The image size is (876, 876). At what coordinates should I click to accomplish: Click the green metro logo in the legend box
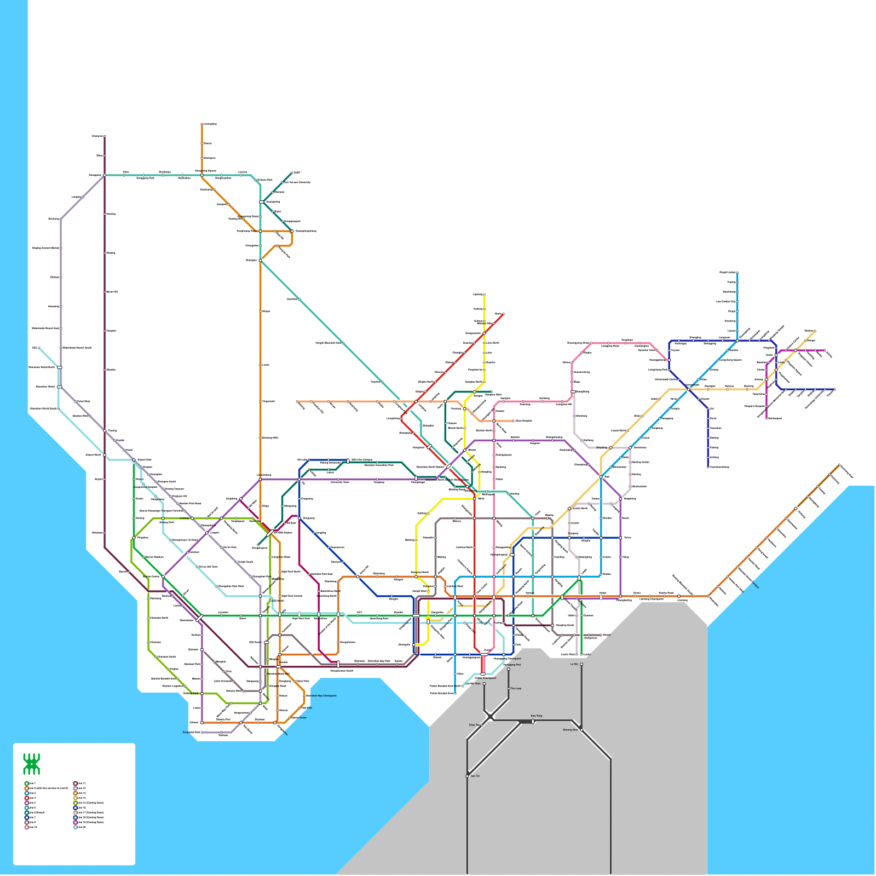coord(31,764)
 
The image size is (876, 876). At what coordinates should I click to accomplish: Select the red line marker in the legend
coord(26,798)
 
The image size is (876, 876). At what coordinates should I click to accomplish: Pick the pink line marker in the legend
coord(26,827)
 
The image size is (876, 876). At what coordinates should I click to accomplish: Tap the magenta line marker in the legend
coord(75,822)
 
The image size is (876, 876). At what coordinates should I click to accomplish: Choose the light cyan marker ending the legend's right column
coord(75,827)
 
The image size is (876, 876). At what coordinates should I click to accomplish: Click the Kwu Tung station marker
coord(533,722)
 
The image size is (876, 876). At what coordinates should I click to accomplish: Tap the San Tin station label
coord(475,776)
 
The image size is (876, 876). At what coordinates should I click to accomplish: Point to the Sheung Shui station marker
coord(581,730)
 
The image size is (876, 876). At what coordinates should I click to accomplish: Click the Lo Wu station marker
coord(581,665)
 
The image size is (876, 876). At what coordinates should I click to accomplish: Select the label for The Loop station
coord(516,688)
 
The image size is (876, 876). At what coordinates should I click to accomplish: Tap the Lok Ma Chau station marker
coord(484,684)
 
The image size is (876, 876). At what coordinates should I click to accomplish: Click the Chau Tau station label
coord(474,725)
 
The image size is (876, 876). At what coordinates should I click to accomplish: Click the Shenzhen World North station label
coord(42,367)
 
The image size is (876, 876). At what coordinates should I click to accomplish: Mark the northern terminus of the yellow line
coord(484,295)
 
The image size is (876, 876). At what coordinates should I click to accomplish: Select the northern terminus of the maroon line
coord(105,136)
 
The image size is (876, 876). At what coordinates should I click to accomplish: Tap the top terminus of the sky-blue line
coord(737,273)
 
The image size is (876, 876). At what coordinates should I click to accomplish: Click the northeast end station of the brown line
coord(839,465)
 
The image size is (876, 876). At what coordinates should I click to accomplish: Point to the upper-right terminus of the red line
coord(503,314)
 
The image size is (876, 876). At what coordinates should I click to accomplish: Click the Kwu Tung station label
coord(537,716)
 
